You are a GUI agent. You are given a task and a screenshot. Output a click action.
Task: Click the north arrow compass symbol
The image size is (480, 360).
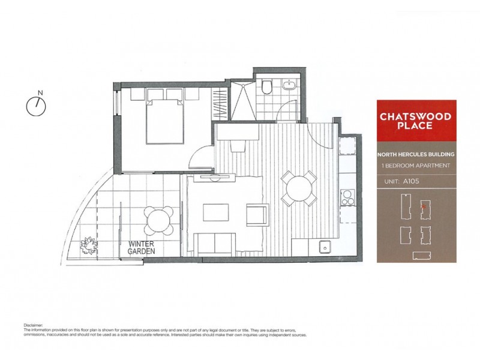pos(37,105)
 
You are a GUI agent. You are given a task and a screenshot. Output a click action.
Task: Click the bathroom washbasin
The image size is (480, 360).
pos(289,85)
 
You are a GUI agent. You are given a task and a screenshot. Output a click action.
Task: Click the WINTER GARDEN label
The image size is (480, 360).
pos(142,248)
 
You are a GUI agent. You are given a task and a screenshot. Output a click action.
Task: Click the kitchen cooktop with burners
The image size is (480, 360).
pos(347,197)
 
